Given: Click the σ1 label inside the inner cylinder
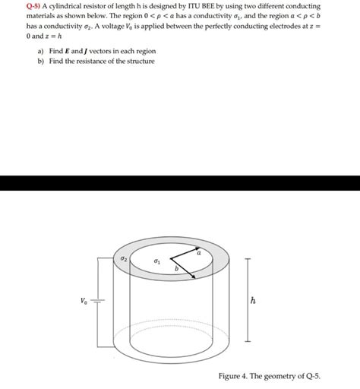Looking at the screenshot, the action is tap(156, 261).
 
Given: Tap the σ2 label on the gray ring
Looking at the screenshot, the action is tap(124, 259).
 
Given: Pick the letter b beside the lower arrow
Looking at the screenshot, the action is tap(176, 270).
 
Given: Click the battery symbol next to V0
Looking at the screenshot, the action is tap(98, 302).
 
